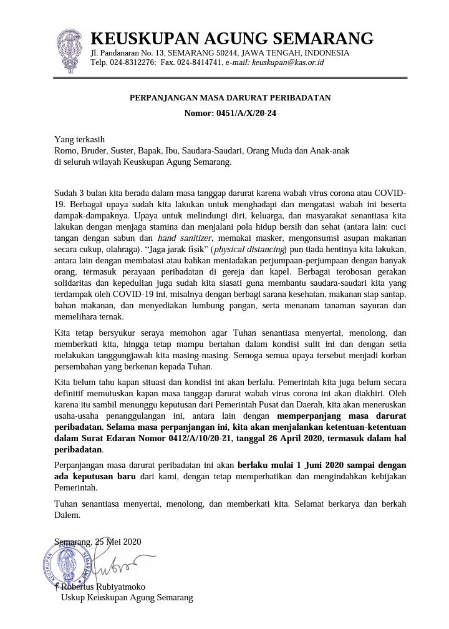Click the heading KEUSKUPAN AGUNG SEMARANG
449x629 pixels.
click(232, 39)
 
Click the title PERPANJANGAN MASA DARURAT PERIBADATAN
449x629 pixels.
click(230, 98)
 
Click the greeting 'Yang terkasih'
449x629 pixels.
click(79, 139)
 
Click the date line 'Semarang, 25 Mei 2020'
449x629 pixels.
click(98, 542)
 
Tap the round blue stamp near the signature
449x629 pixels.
click(67, 567)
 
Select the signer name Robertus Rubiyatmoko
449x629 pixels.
click(103, 587)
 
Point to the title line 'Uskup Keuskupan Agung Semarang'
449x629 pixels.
click(127, 598)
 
